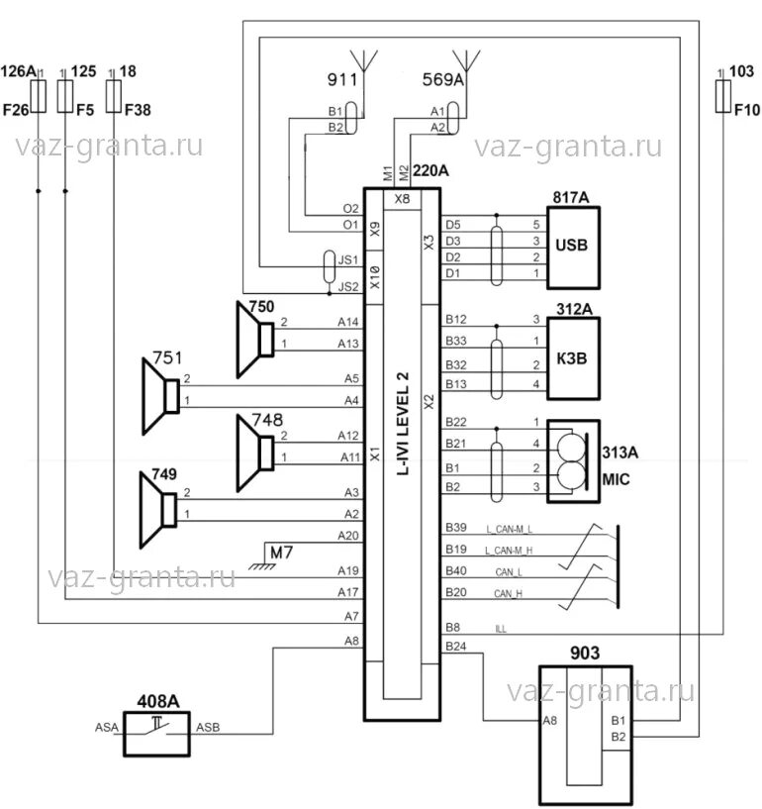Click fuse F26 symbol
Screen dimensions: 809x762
(x=39, y=96)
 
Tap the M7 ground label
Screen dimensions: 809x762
(x=281, y=550)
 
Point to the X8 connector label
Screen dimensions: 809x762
(x=401, y=199)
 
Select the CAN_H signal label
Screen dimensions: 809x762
(x=508, y=594)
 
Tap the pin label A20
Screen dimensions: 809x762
(x=347, y=535)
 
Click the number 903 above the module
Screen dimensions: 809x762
(x=585, y=654)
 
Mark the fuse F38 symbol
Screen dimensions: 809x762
(x=113, y=96)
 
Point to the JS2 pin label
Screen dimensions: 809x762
(x=347, y=287)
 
